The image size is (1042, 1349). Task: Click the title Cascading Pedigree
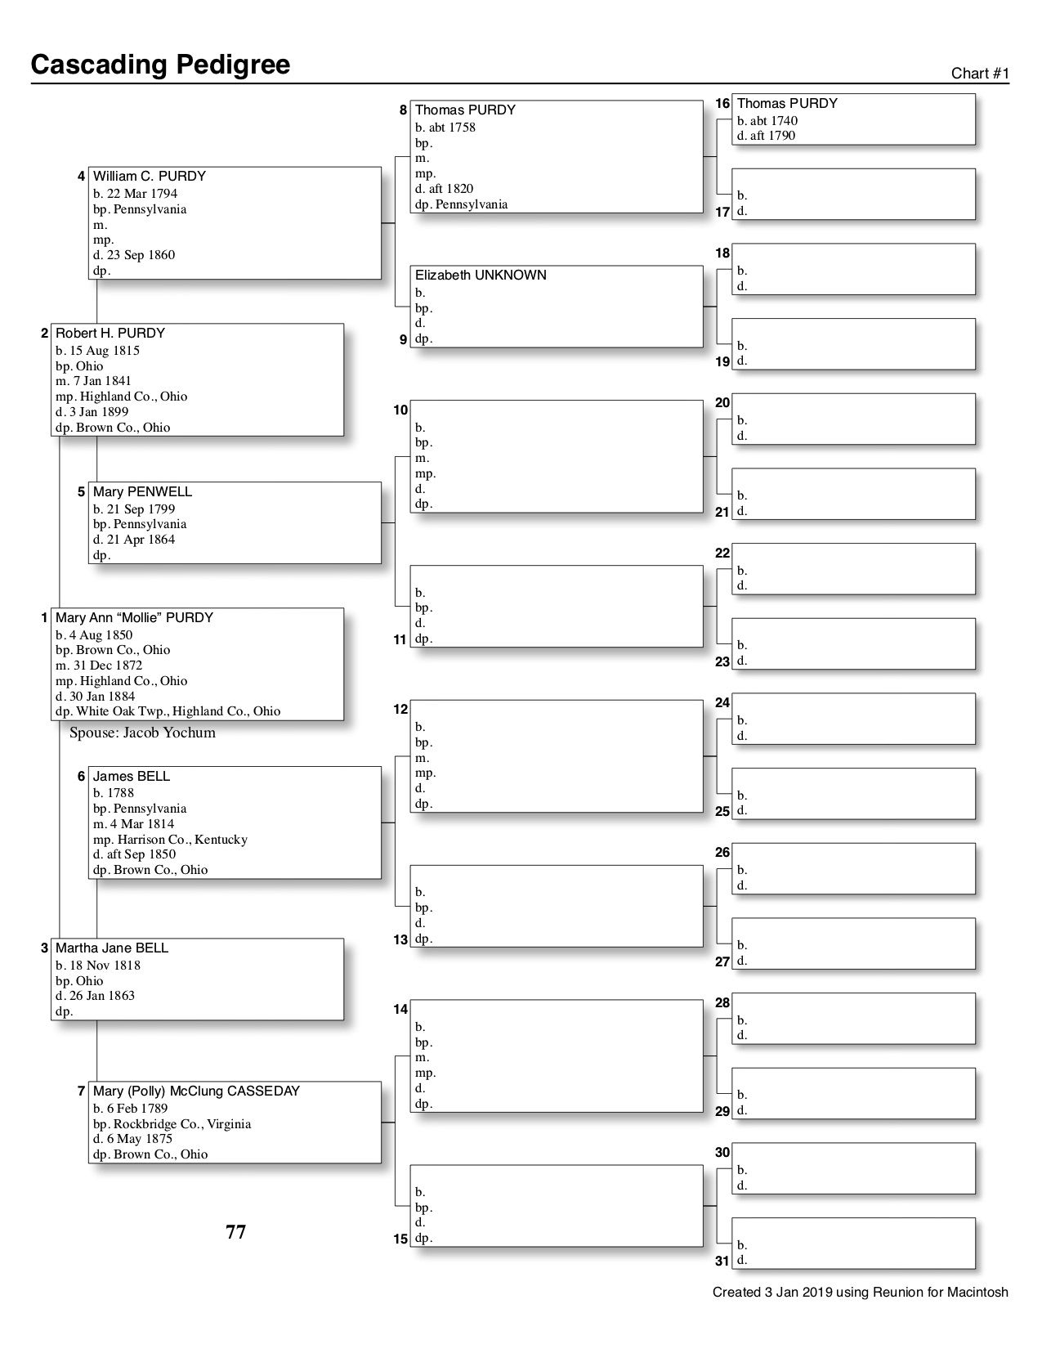[160, 65]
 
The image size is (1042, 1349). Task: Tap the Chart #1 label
[980, 74]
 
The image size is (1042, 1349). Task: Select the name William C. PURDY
[150, 177]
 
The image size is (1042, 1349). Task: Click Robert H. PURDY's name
[110, 334]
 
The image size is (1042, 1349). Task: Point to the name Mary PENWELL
[143, 492]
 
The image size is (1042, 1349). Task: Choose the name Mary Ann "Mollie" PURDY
[134, 618]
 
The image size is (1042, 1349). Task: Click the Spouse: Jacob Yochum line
[142, 733]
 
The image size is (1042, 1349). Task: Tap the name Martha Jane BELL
[112, 948]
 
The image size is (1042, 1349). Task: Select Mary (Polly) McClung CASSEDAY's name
[196, 1091]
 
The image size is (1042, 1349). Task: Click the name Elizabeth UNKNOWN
[481, 276]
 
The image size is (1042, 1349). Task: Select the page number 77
[235, 1232]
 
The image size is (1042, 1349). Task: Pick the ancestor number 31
[722, 1261]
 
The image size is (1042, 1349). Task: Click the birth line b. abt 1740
[767, 121]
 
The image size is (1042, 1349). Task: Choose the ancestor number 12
[400, 709]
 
